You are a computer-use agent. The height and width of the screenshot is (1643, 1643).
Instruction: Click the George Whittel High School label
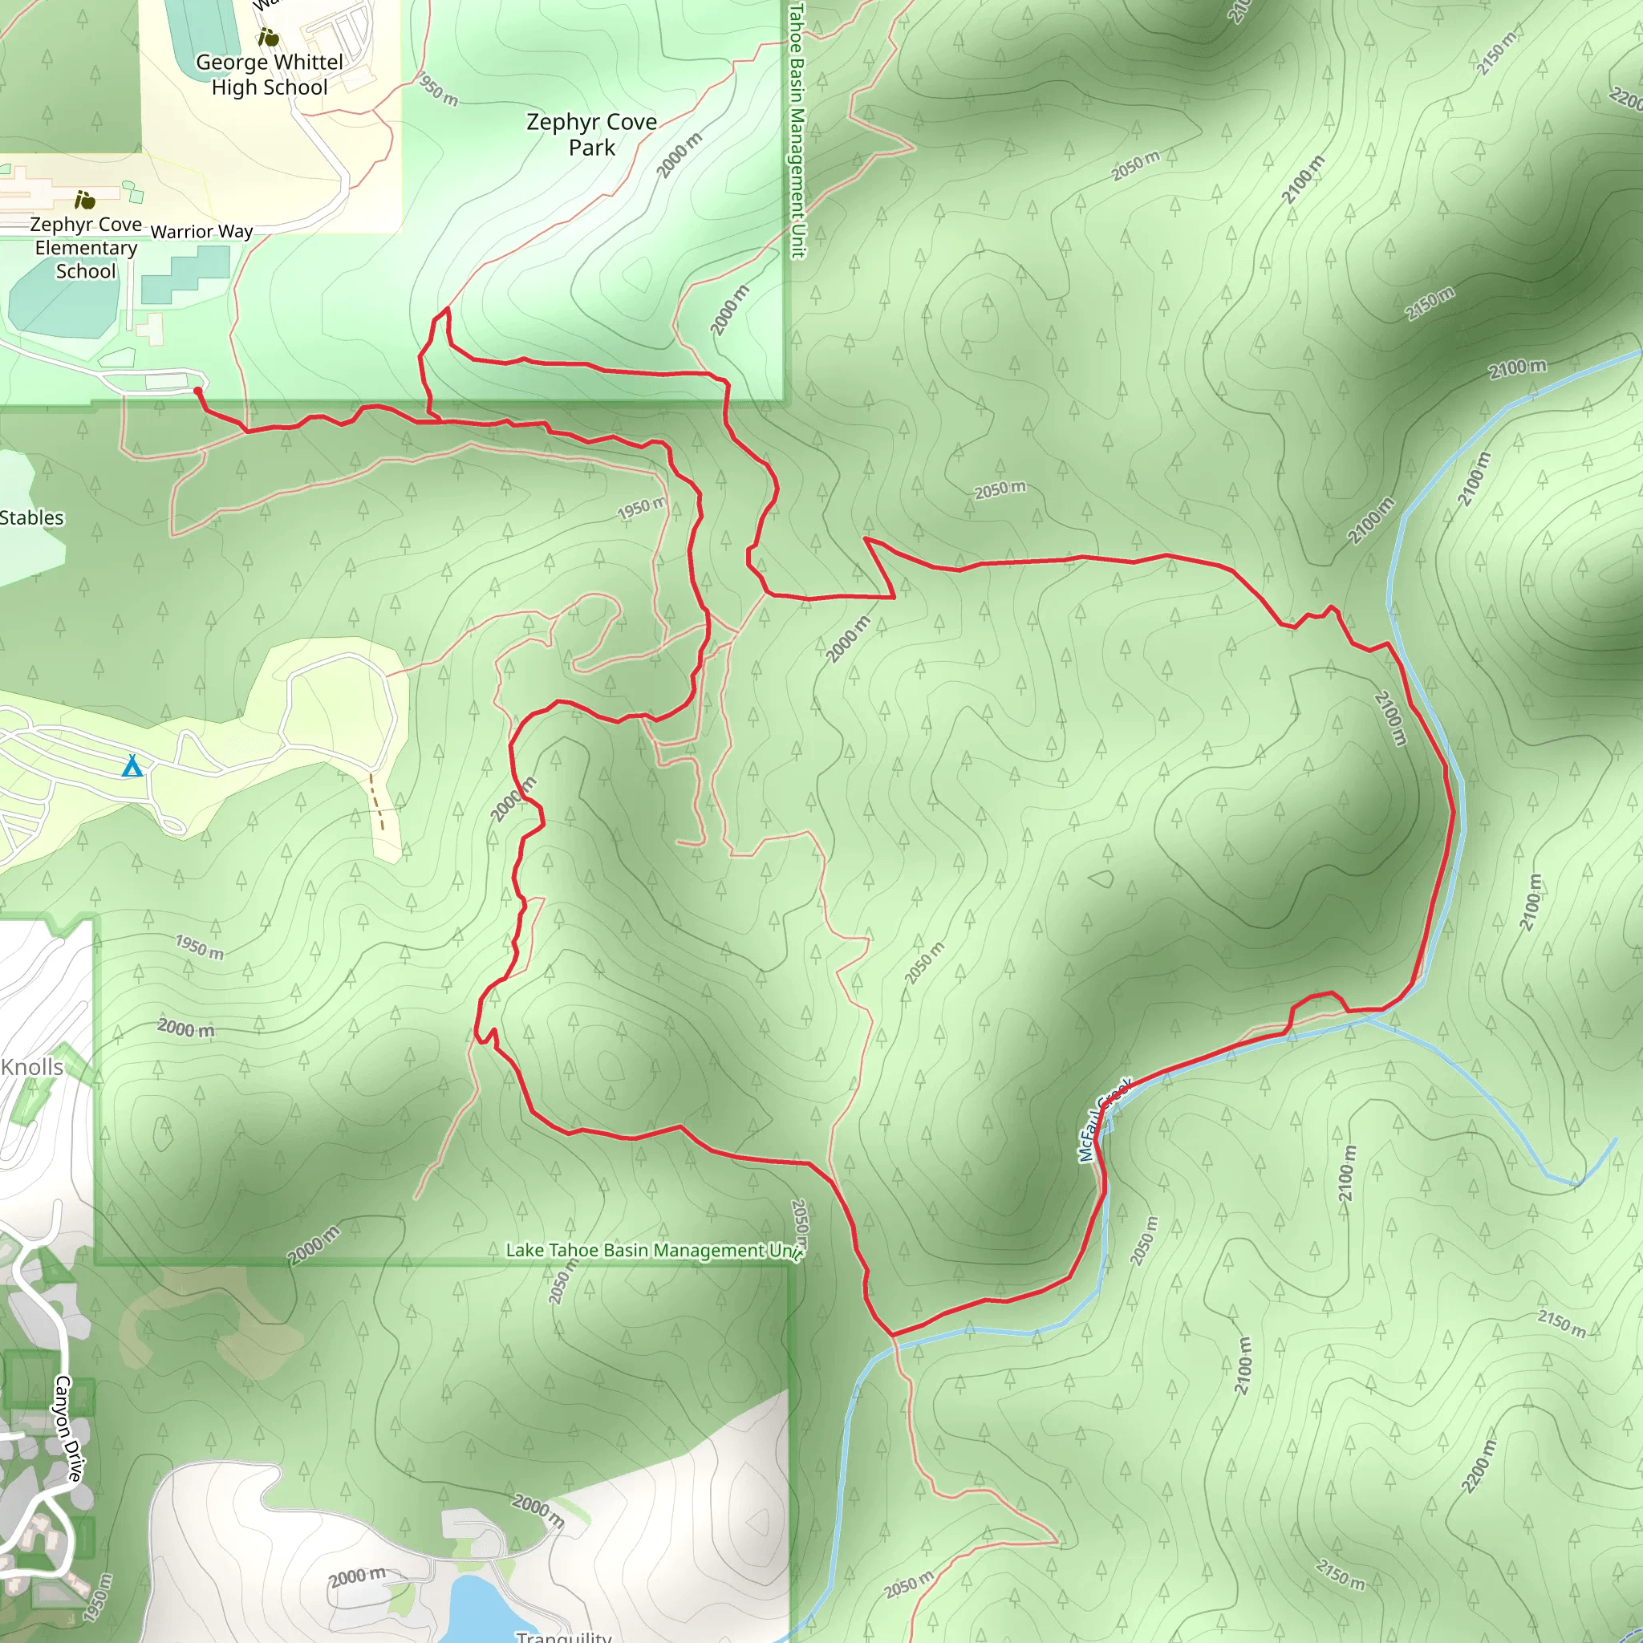tap(270, 75)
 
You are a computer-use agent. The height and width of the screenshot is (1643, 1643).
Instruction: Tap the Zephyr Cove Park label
tap(592, 134)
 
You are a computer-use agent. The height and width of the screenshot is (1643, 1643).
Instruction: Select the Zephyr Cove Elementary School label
tap(86, 247)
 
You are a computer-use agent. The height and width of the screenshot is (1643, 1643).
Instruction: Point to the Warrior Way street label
tap(201, 231)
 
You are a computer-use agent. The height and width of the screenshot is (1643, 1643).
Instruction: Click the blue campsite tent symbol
tap(132, 766)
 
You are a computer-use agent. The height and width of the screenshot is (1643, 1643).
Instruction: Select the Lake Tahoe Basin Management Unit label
tap(653, 1250)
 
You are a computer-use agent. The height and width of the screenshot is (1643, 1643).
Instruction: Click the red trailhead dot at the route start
tap(198, 391)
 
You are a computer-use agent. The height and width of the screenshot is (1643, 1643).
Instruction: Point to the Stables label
tap(31, 518)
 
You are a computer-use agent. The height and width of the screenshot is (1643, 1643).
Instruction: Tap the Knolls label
tap(32, 1067)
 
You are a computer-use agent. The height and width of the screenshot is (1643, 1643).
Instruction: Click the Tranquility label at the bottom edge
tap(564, 1635)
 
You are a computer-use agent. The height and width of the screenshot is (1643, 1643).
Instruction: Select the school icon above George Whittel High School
tap(269, 38)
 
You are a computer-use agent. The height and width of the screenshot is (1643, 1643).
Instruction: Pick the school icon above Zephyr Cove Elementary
tap(85, 201)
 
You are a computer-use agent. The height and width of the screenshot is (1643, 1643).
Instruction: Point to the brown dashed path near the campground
tap(377, 801)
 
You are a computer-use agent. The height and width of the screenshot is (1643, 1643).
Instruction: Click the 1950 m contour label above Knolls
tap(200, 947)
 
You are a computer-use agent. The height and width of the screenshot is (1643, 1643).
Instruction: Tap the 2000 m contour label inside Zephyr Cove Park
tap(680, 156)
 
